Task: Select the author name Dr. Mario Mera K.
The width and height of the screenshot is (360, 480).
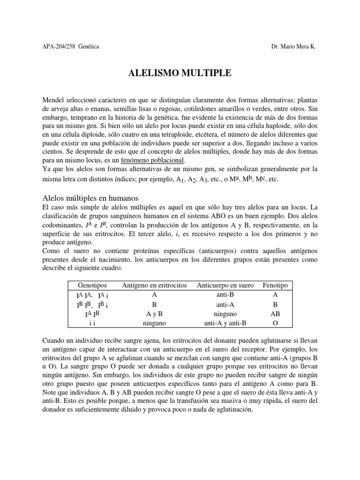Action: click(x=293, y=47)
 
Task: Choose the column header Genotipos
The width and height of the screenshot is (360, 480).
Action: click(x=92, y=285)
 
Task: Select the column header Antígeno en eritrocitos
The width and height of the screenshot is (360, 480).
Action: click(x=154, y=285)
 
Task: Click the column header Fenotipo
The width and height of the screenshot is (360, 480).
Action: click(x=275, y=285)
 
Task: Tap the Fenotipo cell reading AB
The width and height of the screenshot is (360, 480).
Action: click(x=275, y=314)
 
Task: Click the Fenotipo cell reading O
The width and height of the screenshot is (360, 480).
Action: click(x=275, y=323)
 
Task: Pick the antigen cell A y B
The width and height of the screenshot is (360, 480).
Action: click(x=154, y=314)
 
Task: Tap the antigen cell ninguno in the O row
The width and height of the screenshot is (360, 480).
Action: click(x=154, y=323)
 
